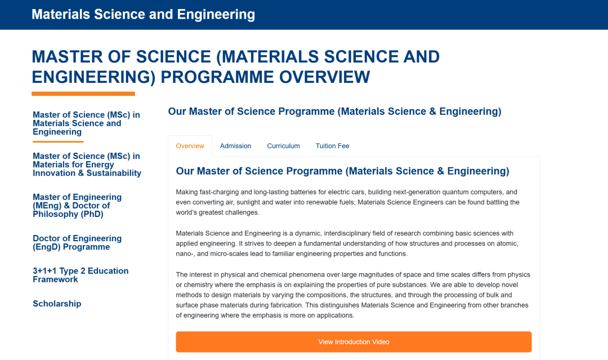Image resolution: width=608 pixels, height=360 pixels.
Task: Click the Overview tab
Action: click(190, 146)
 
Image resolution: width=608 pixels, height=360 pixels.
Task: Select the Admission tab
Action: click(235, 146)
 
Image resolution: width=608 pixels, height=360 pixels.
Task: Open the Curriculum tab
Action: click(283, 146)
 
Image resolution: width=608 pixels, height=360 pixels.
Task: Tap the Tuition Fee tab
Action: click(332, 146)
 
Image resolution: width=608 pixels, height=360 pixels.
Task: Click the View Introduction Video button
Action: click(354, 342)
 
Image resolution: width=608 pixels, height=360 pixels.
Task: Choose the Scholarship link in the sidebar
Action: click(57, 304)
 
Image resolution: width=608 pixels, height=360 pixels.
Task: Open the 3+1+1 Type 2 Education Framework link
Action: click(81, 275)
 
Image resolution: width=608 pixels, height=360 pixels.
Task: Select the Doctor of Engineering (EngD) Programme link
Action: click(77, 242)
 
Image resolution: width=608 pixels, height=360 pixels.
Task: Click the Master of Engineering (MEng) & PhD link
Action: click(77, 206)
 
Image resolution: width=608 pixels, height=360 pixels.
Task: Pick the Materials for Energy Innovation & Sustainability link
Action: click(87, 165)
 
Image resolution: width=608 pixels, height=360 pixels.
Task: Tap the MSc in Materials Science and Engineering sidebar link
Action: click(86, 123)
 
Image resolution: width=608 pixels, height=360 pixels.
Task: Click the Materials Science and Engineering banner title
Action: click(143, 14)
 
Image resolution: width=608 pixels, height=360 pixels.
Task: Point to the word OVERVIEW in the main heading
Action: click(325, 77)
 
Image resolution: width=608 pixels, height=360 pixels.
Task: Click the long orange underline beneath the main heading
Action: click(83, 94)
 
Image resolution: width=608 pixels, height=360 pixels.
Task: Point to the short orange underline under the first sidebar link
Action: click(58, 141)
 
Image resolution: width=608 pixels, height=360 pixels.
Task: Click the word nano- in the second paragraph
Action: click(185, 254)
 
